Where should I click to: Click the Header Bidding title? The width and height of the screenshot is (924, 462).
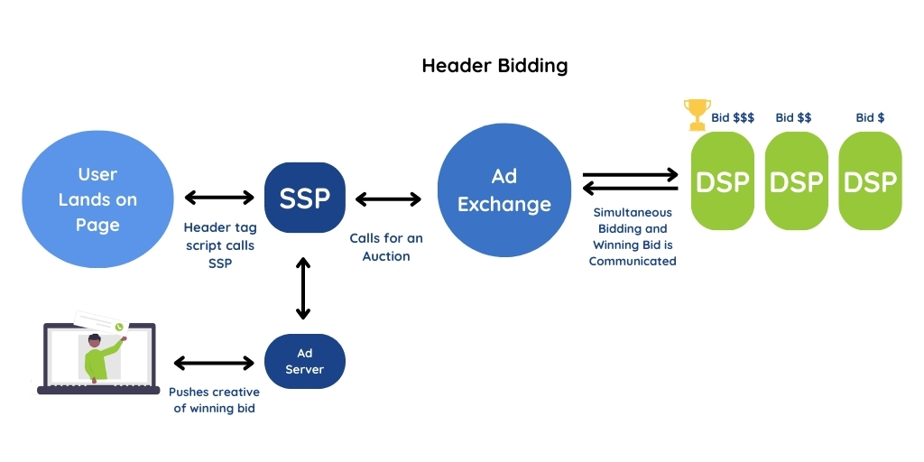[494, 66]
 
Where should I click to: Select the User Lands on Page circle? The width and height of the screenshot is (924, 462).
[97, 199]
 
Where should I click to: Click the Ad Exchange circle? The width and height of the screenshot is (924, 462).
[504, 189]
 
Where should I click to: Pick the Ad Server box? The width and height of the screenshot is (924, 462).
[304, 362]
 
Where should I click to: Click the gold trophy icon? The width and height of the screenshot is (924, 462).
[697, 115]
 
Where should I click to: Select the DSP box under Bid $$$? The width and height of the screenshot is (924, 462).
[723, 181]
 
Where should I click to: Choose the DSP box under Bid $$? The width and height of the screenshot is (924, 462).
[797, 181]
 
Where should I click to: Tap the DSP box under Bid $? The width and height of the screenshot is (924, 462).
[870, 181]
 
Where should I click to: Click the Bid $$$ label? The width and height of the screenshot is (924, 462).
[733, 117]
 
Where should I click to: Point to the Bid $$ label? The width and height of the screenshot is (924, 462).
[793, 117]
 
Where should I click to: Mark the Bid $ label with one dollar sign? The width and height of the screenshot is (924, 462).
[870, 117]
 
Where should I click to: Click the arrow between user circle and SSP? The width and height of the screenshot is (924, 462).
[219, 198]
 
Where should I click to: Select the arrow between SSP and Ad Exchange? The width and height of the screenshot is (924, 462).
[388, 198]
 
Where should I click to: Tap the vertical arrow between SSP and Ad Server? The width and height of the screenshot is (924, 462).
[303, 288]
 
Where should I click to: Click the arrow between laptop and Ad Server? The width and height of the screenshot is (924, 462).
[213, 363]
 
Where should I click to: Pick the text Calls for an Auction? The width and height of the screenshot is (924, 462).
[386, 247]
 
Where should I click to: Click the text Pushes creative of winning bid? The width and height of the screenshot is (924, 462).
[214, 400]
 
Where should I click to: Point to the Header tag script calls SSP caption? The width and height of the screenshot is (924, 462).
[219, 245]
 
